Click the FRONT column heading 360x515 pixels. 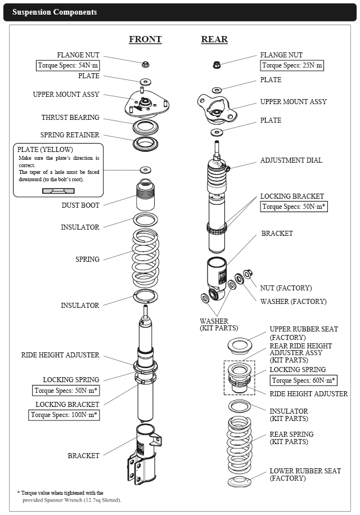click(145, 39)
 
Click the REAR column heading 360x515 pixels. click(214, 39)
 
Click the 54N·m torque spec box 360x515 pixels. click(67, 65)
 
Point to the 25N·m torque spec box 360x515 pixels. click(292, 65)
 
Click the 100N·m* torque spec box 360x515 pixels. click(64, 415)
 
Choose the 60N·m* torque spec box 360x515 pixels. click(303, 380)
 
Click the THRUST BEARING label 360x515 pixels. click(70, 118)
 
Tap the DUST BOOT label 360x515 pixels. click(80, 205)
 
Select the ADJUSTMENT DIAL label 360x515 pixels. click(291, 160)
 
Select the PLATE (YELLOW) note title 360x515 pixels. click(45, 150)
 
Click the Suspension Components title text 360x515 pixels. click(55, 12)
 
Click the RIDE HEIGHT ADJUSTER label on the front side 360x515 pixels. click(60, 355)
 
